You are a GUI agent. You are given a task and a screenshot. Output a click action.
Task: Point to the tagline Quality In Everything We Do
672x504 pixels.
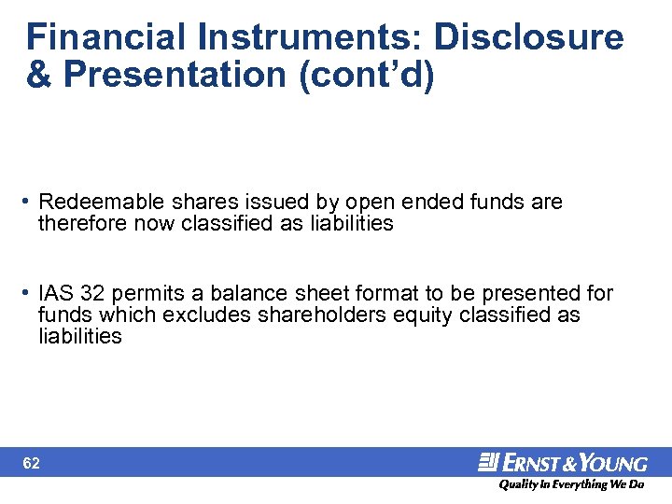pyautogui.click(x=570, y=485)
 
